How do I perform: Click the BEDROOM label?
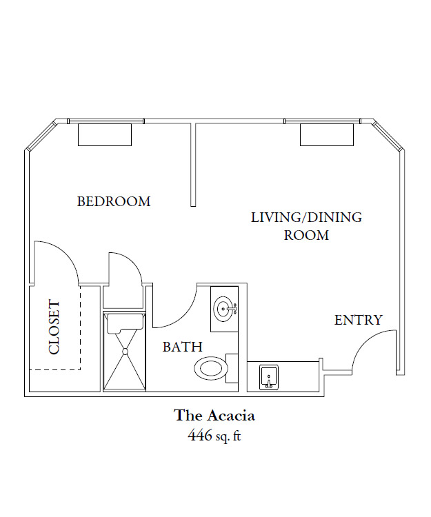(114, 201)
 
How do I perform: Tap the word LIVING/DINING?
(306, 218)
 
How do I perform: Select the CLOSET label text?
(54, 327)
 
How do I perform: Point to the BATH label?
(182, 347)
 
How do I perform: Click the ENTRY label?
(359, 320)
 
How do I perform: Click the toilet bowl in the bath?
(211, 368)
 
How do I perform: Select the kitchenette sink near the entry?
(269, 378)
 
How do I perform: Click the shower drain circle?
(125, 352)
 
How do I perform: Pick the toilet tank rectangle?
(232, 368)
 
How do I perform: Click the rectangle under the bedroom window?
(105, 135)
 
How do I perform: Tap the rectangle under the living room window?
(327, 135)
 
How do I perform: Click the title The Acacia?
(214, 416)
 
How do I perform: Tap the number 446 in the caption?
(200, 436)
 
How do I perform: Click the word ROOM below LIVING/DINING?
(307, 236)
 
